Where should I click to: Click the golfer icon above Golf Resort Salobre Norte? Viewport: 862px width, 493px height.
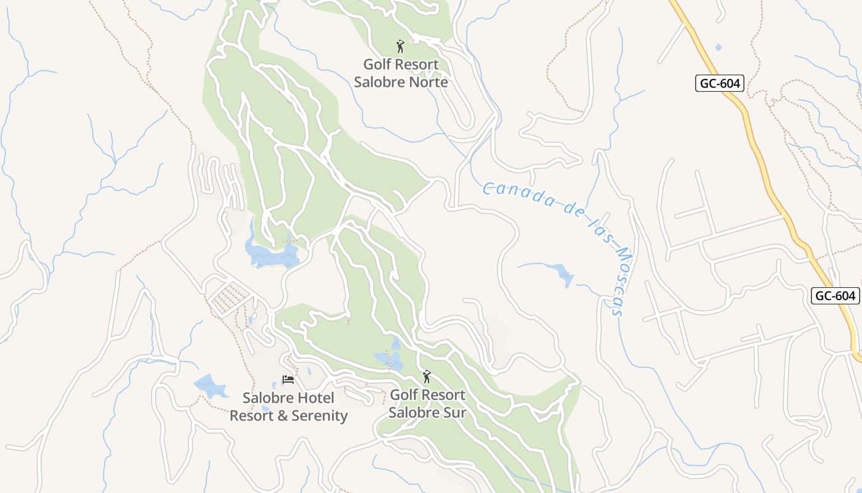[400, 46]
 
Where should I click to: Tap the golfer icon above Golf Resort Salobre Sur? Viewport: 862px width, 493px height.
[427, 376]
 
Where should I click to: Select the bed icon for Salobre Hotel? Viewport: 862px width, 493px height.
[288, 380]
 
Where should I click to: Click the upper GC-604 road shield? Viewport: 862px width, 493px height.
[720, 83]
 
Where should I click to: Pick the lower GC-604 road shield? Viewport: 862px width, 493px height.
[835, 296]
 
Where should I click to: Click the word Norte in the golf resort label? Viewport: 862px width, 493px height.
[429, 82]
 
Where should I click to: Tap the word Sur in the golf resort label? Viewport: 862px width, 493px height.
[455, 412]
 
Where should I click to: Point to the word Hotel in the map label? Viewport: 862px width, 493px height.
[313, 398]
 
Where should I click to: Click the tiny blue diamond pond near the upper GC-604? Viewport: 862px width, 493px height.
[718, 47]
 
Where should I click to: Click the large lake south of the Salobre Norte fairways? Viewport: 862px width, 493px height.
[271, 254]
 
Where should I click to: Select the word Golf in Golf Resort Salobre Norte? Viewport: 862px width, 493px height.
[376, 64]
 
